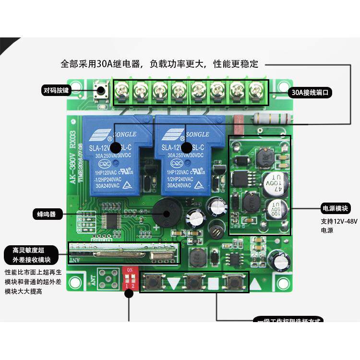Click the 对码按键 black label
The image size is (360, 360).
pyautogui.click(x=57, y=90)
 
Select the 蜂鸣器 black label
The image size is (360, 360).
pyautogui.click(x=47, y=214)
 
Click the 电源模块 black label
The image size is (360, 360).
pyautogui.click(x=336, y=208)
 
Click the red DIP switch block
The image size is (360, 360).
pyautogui.click(x=129, y=278)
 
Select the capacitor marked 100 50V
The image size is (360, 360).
pyautogui.click(x=277, y=210)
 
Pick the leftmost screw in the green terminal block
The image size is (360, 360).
pyautogui.click(x=121, y=89)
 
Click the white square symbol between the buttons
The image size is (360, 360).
pyautogui.click(x=213, y=283)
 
